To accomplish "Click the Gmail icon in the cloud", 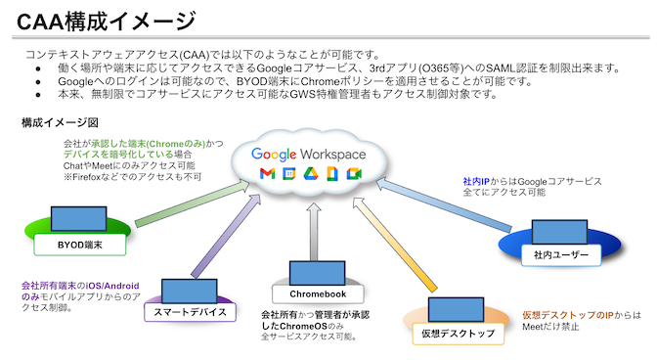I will click(266, 174).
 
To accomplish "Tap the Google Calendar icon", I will click(290, 174).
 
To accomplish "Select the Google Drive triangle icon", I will click(311, 174).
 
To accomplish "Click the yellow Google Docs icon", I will click(332, 174).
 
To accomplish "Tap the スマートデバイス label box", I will click(191, 312).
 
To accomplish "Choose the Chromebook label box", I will click(312, 292).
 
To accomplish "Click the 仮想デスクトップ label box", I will click(458, 334).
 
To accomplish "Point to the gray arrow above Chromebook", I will click(313, 225).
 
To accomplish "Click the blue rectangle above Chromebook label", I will click(313, 270).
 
